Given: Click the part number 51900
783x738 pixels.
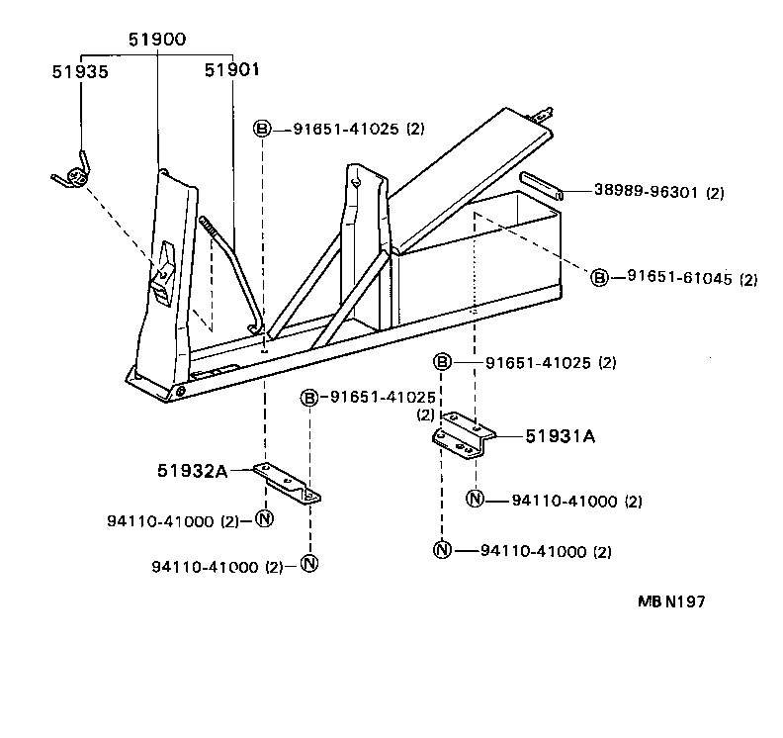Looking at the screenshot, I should coord(157,40).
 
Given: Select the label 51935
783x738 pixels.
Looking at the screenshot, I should coord(80,72).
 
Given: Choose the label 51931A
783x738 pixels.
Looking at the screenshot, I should coord(560,434).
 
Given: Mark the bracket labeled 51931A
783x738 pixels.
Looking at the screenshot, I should coord(463,435).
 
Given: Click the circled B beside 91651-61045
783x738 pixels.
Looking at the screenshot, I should coord(599,278).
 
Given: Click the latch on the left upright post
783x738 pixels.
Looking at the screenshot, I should coord(163,276).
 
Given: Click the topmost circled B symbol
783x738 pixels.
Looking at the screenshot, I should coord(262,129).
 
